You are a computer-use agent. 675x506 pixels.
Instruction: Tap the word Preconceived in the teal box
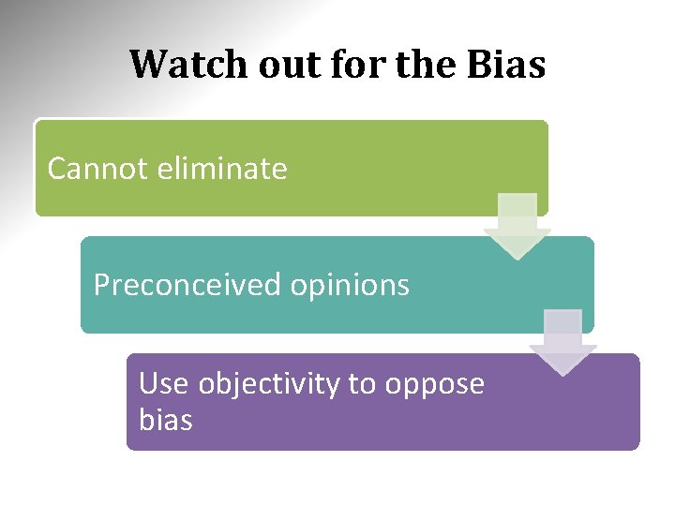pyautogui.click(x=187, y=285)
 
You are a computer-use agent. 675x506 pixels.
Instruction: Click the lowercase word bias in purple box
pyautogui.click(x=165, y=420)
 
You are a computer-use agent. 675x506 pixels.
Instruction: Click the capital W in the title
pyautogui.click(x=148, y=65)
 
